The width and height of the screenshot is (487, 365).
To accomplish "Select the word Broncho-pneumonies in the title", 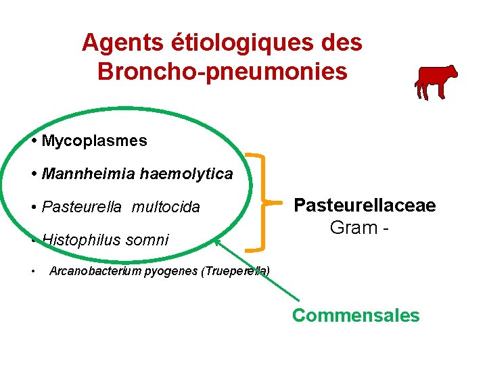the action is [223, 70].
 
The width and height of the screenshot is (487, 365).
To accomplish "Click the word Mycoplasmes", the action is [94, 141].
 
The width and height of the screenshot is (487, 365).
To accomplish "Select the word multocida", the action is [166, 207].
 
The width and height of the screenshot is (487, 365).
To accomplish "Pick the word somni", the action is [149, 239].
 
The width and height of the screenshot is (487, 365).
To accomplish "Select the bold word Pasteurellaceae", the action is [365, 205].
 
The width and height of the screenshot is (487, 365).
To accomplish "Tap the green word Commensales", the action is [356, 315].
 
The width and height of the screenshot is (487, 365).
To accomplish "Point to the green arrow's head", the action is [216, 239].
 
